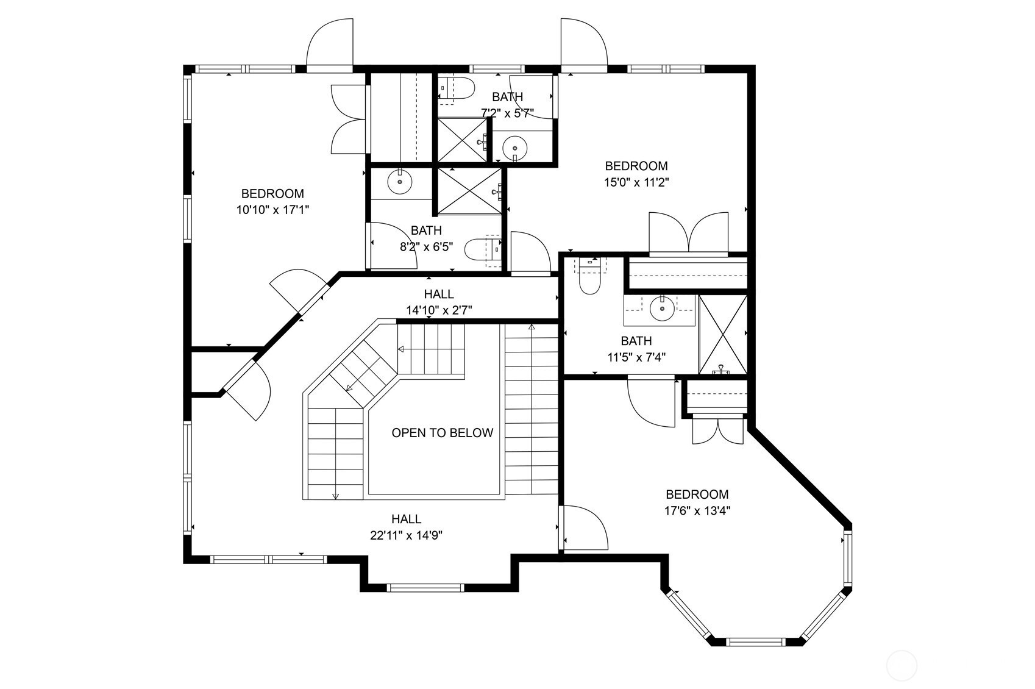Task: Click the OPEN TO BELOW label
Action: point(442,433)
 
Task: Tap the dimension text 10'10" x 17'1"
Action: point(272,210)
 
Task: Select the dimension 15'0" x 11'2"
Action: point(636,182)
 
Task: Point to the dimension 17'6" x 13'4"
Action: point(697,511)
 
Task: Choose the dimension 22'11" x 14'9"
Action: point(406,535)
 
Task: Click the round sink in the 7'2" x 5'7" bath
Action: point(514,148)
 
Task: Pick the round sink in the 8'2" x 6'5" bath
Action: point(400,182)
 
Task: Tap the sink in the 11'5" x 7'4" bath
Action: point(662,309)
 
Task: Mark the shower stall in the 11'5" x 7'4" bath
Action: point(723,335)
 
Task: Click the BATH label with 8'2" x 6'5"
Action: point(426,230)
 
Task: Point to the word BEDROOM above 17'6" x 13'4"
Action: point(697,494)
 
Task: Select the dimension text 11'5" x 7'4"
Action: point(636,358)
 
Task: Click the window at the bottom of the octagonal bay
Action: point(755,642)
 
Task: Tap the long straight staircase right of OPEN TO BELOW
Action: point(532,409)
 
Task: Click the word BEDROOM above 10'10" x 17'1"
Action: point(272,194)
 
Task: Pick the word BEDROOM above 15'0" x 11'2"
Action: point(636,166)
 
